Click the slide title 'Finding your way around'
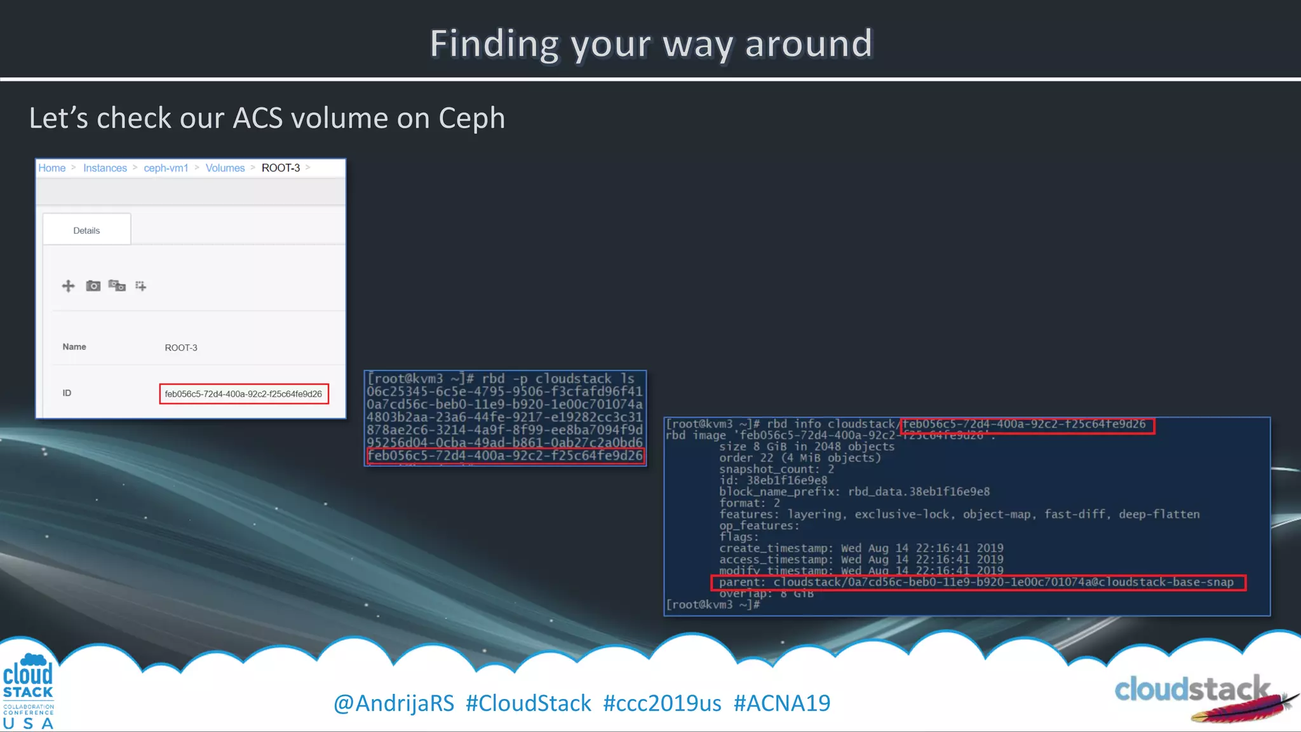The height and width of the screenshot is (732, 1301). click(651, 44)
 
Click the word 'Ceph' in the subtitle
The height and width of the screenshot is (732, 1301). click(471, 119)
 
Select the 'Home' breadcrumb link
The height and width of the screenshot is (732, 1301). click(52, 168)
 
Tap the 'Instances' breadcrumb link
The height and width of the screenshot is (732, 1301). click(105, 168)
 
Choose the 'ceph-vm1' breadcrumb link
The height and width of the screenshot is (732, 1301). click(166, 168)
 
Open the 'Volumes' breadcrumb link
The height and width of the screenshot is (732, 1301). click(225, 168)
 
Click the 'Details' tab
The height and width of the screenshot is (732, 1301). click(86, 231)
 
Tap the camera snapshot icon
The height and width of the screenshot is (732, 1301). click(93, 286)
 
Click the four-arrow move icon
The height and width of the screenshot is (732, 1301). click(68, 286)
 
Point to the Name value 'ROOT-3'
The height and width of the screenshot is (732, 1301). click(181, 348)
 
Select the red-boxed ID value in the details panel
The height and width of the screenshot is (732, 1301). click(243, 394)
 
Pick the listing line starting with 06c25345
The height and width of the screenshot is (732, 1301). click(504, 391)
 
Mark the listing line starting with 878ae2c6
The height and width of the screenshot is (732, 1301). click(504, 430)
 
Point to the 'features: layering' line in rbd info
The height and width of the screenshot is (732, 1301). click(959, 514)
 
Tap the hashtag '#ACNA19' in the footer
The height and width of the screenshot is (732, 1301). click(782, 703)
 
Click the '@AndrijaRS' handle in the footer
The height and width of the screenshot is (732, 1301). click(394, 703)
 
